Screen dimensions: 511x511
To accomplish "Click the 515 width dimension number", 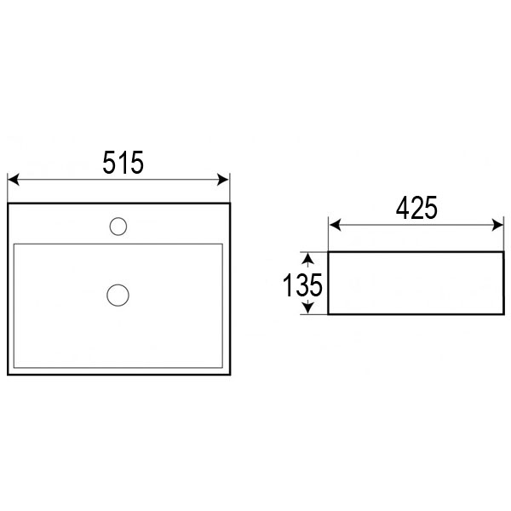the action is [123, 163].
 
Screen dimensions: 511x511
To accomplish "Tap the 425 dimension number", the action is [416, 208].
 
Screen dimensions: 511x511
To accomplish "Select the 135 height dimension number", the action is [302, 285].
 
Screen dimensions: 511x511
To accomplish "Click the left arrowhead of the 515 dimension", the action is [14, 180].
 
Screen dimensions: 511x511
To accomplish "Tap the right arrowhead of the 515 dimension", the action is [223, 180].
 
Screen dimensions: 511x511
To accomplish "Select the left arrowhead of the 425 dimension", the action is [335, 225].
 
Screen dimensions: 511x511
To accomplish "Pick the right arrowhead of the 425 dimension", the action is [497, 225].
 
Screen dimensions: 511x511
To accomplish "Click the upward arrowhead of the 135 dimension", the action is [308, 258].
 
